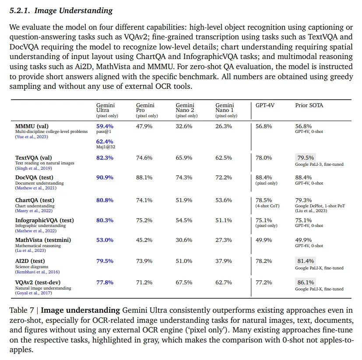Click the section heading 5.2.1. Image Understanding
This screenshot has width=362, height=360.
click(61, 10)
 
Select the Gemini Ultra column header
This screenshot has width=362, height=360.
click(105, 108)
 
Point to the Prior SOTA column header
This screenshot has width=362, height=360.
click(309, 105)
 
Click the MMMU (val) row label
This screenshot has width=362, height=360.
click(32, 126)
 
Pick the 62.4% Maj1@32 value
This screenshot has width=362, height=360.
click(105, 142)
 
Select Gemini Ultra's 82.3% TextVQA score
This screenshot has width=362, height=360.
click(105, 157)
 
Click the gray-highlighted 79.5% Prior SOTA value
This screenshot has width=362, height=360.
click(306, 157)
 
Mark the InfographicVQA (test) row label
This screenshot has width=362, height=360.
click(45, 220)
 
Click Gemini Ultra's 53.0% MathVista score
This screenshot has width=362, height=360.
click(105, 240)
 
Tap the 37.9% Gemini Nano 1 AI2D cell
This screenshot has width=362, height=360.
click(223, 261)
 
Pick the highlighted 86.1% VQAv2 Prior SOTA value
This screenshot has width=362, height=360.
click(306, 282)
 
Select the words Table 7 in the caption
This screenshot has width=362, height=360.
click(22, 310)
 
